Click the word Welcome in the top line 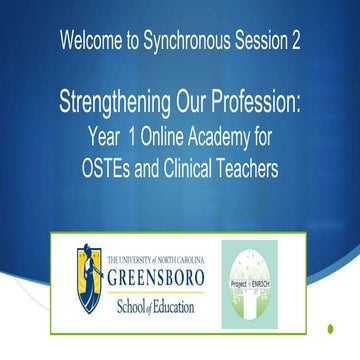90,43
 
